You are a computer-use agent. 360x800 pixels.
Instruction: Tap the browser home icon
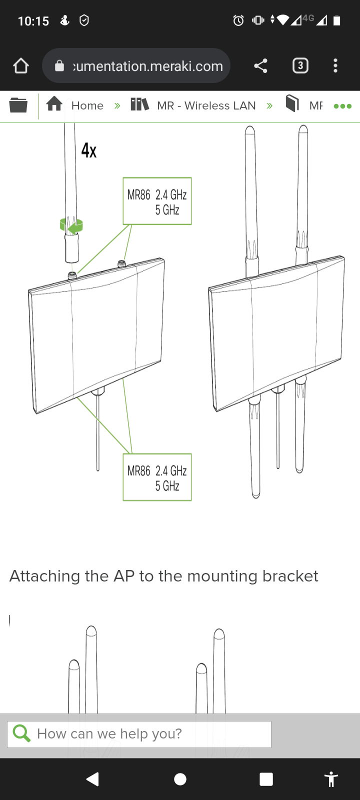point(21,65)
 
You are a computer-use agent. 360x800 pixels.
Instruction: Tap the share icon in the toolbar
point(260,65)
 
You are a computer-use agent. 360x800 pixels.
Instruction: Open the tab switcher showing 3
point(300,65)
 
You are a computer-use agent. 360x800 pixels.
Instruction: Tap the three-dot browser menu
point(335,65)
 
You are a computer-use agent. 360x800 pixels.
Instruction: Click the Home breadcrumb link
point(87,105)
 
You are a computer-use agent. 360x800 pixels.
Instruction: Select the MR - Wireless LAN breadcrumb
point(206,105)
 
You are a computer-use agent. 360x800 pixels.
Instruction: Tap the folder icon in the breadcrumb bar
point(18,105)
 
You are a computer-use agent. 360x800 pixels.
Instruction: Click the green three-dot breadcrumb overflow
point(342,106)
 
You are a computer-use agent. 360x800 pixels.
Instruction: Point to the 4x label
point(89,150)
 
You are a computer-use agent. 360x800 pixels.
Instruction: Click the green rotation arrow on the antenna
point(72,227)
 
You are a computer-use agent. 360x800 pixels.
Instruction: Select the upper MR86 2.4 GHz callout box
point(157,201)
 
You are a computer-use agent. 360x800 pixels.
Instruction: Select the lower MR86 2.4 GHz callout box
point(157,477)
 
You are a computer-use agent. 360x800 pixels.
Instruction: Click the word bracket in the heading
point(290,576)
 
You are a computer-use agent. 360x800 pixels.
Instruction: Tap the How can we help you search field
point(150,733)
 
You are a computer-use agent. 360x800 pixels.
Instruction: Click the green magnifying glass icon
point(21,733)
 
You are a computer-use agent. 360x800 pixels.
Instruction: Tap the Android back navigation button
point(92,779)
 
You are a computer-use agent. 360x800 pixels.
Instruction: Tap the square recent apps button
point(266,779)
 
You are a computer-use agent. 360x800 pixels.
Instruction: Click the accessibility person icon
point(331,779)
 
